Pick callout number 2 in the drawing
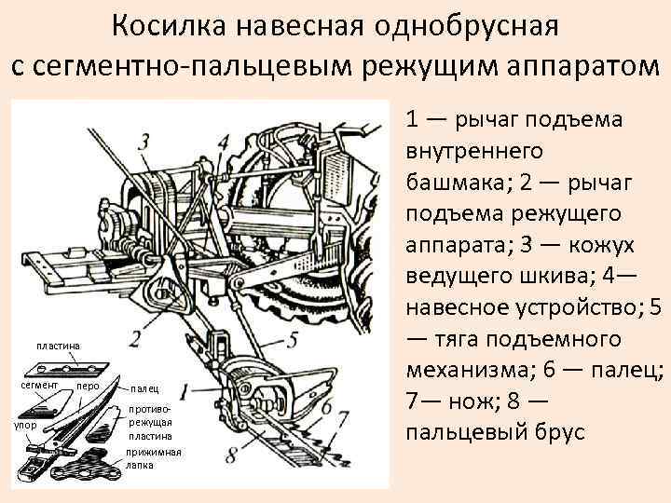(x=136, y=337)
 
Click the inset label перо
(x=89, y=385)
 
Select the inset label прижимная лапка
(x=153, y=457)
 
